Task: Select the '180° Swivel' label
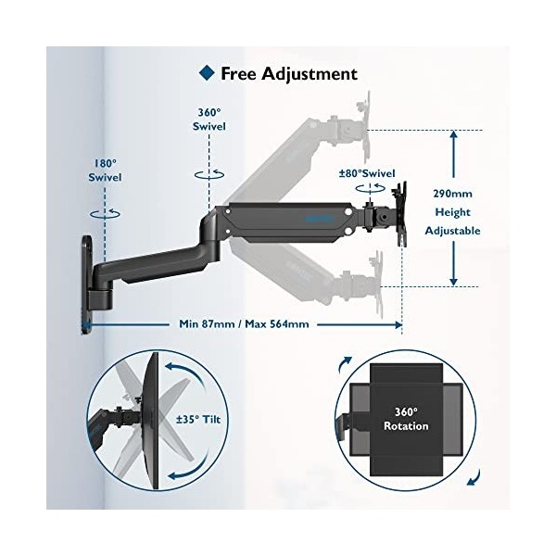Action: tap(106, 169)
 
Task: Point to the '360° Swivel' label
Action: tap(209, 118)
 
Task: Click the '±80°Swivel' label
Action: tap(367, 172)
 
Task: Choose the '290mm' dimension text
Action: tap(454, 195)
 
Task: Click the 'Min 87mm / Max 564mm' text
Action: tap(244, 324)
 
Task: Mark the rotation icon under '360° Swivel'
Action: tap(209, 172)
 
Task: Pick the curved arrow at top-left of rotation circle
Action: tap(347, 361)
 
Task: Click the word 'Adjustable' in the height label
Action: tap(454, 231)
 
